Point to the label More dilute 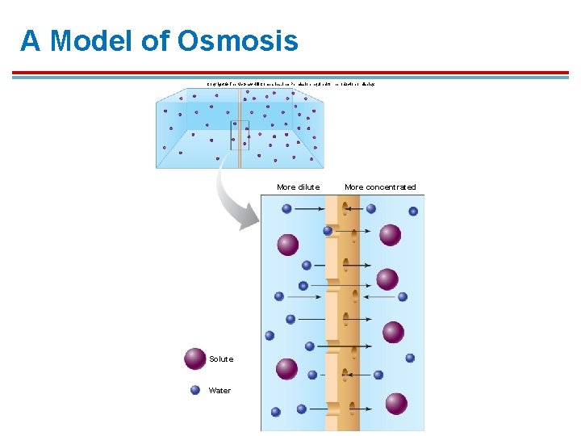pyautogui.click(x=298, y=187)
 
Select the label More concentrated pyautogui.click(x=380, y=187)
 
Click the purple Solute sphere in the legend pyautogui.click(x=194, y=358)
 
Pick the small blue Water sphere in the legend pyautogui.click(x=194, y=390)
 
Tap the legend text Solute pyautogui.click(x=221, y=359)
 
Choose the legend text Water pyautogui.click(x=219, y=391)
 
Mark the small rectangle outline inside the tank pyautogui.click(x=240, y=135)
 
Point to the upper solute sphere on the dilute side pyautogui.click(x=287, y=244)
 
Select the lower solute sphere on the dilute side pyautogui.click(x=286, y=369)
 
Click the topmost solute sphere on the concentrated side pyautogui.click(x=391, y=235)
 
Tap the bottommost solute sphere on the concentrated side pyautogui.click(x=396, y=403)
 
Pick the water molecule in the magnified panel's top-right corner pyautogui.click(x=413, y=212)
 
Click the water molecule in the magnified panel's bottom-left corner pyautogui.click(x=275, y=412)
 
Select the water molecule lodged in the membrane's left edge pyautogui.click(x=328, y=231)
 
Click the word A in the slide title pyautogui.click(x=30, y=41)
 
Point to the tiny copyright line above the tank pyautogui.click(x=290, y=83)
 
